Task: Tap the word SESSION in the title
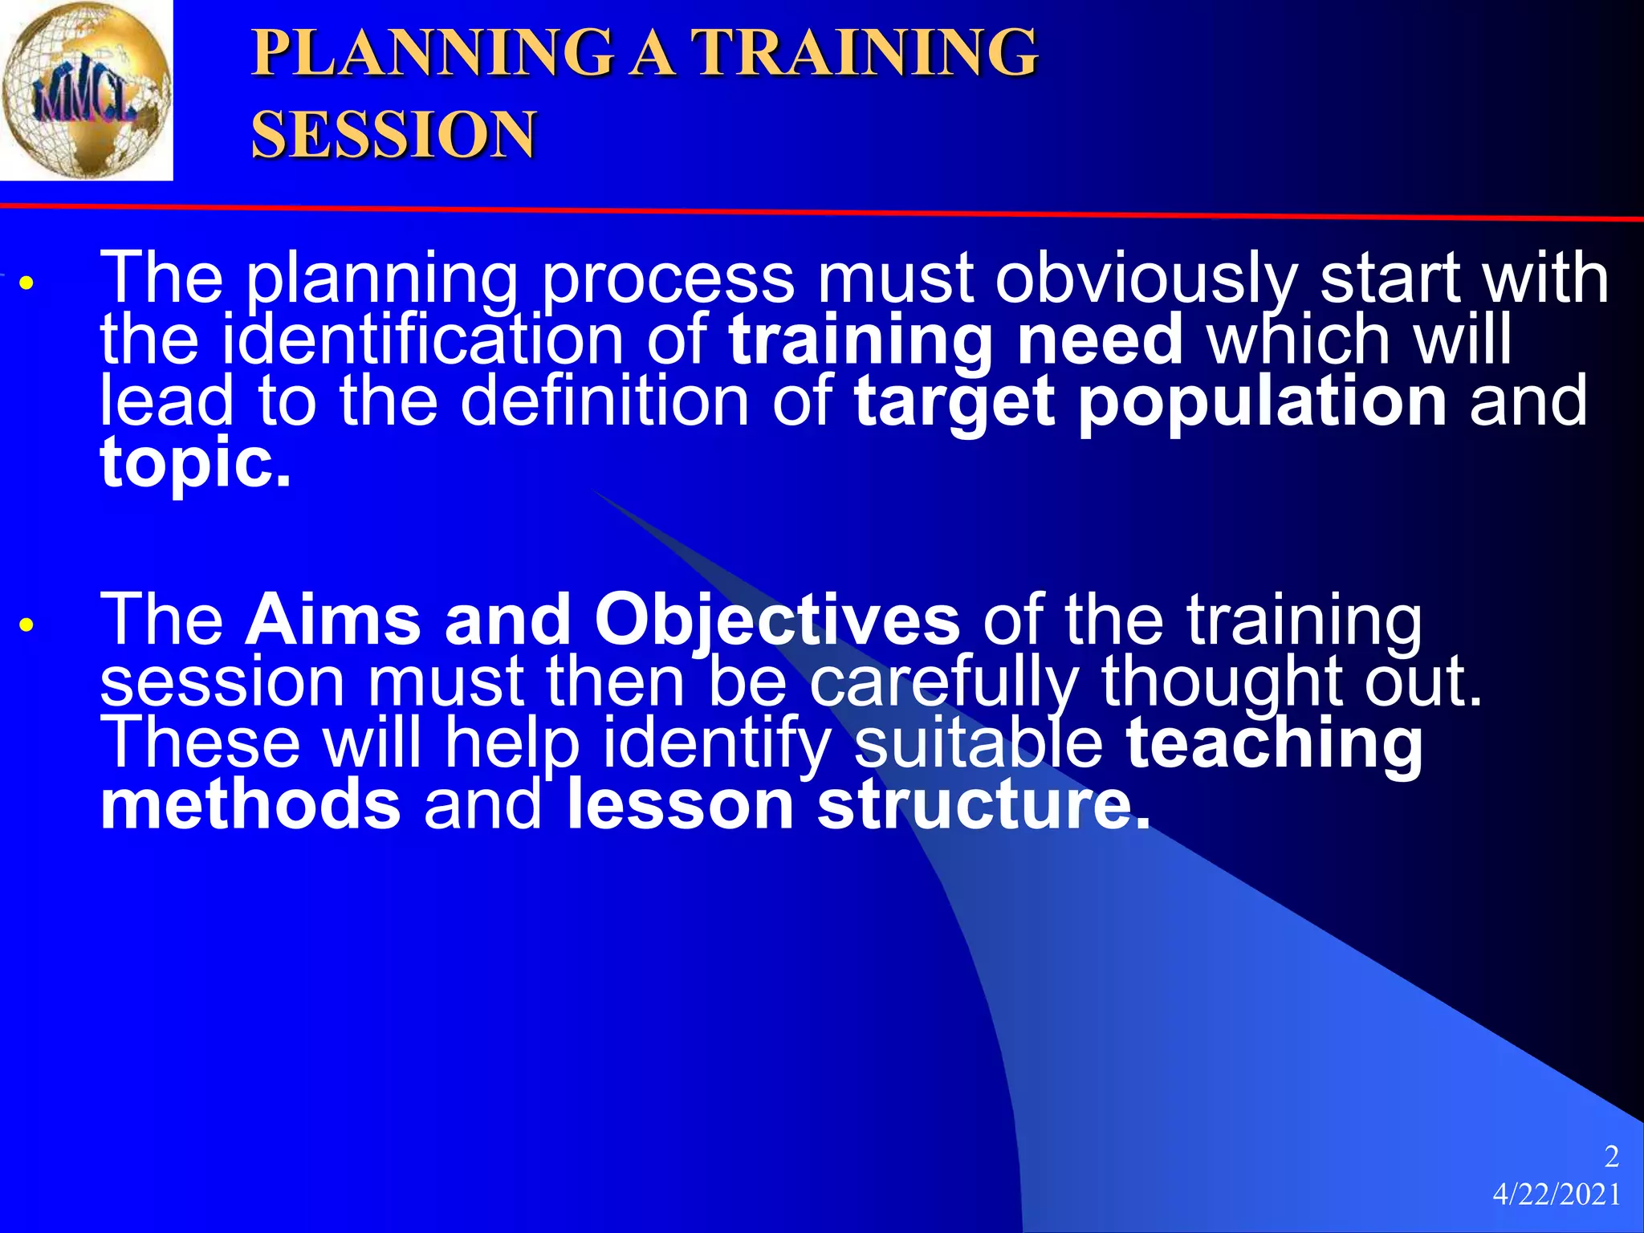[393, 135]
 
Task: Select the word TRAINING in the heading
[865, 53]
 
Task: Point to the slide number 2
[1611, 1157]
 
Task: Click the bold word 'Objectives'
[776, 621]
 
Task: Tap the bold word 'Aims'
[332, 621]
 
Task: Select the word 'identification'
[422, 340]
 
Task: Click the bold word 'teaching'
[1274, 744]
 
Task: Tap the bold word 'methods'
[250, 805]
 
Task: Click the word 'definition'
[604, 401]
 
